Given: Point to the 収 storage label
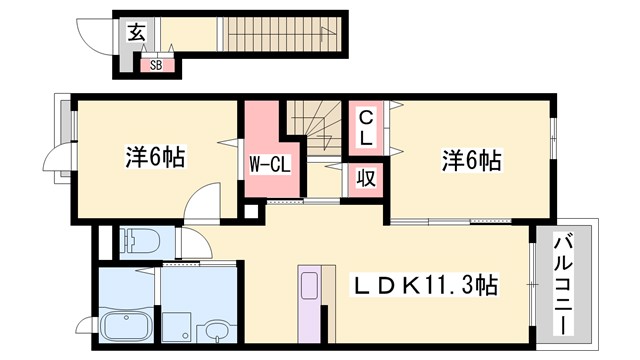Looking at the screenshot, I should pyautogui.click(x=367, y=180).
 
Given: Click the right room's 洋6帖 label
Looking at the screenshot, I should pyautogui.click(x=470, y=158).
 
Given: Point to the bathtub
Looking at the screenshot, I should pyautogui.click(x=127, y=327).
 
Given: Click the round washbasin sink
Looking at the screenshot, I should pyautogui.click(x=214, y=330).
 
